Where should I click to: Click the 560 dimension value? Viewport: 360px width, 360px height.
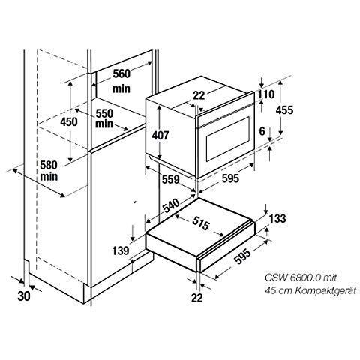121,73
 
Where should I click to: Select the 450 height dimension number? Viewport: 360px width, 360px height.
69,122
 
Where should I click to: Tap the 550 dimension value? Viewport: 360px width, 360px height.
104,114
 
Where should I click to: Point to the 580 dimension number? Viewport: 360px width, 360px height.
49,165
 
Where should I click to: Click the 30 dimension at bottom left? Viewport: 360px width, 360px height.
24,296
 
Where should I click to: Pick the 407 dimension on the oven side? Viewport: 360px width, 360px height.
160,136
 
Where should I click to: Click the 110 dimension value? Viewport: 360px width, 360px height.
266,94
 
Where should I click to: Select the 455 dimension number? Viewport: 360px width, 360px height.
284,110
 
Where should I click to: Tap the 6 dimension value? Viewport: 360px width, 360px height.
262,131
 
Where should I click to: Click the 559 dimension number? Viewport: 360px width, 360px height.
171,179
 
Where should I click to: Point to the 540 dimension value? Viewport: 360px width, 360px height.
172,206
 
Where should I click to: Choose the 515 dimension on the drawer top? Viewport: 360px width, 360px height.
201,223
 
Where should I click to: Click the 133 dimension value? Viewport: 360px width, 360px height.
277,218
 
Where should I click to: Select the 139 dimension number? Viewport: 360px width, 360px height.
121,250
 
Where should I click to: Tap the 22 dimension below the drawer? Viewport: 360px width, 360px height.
197,298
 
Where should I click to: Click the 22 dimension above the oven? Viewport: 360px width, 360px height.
199,95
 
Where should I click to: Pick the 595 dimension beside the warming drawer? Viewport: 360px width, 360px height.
243,256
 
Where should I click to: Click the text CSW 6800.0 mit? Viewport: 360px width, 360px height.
301,277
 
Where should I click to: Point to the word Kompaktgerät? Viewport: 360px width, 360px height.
325,291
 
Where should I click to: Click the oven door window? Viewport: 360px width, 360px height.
228,139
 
